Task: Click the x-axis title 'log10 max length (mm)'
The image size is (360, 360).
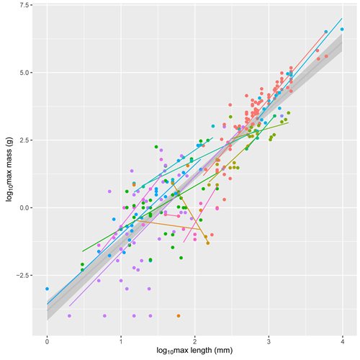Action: [x=194, y=351]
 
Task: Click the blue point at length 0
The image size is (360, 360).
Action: [x=47, y=289]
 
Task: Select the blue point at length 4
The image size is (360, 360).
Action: [x=342, y=30]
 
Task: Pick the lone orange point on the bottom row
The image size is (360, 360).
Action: [x=179, y=315]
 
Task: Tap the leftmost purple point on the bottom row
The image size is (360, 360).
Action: [x=69, y=315]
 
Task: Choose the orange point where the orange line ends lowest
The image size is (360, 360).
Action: [x=207, y=243]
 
